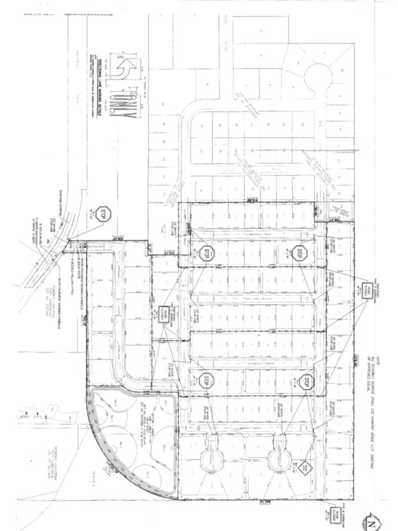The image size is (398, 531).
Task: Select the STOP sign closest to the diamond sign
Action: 308,382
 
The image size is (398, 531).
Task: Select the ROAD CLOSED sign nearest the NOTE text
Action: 365,288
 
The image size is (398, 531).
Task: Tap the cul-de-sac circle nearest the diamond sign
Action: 278,455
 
